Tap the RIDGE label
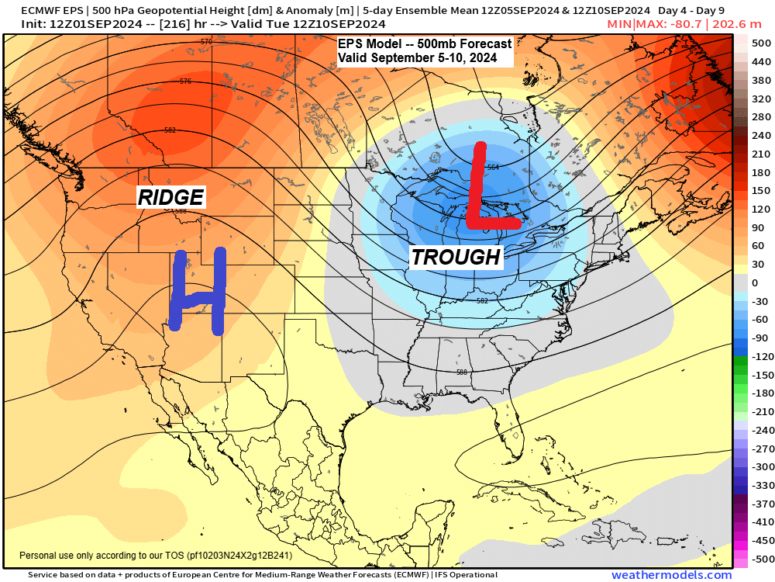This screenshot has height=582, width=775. click(x=170, y=197)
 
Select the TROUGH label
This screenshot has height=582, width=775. click(x=456, y=257)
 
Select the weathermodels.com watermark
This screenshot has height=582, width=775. click(x=671, y=575)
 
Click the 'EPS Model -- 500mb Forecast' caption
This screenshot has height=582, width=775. click(x=425, y=45)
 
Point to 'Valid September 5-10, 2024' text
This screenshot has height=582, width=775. click(x=425, y=58)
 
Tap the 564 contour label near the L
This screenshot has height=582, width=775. click(x=493, y=167)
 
